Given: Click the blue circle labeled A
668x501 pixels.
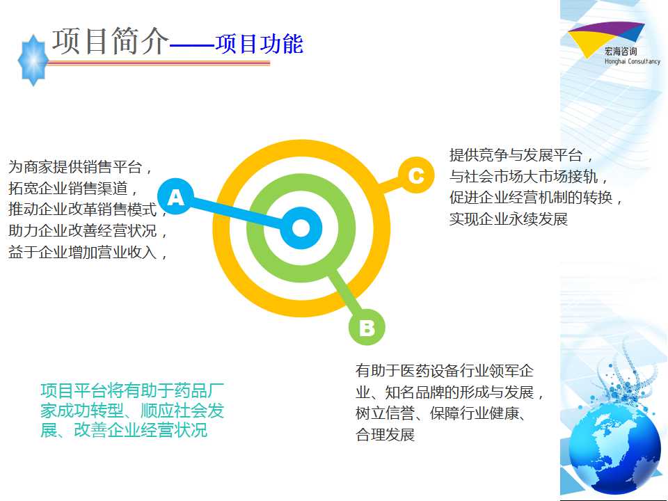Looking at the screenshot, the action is (x=175, y=196).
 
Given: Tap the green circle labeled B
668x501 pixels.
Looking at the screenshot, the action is (x=367, y=327).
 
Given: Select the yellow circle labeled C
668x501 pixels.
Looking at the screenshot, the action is (x=416, y=175).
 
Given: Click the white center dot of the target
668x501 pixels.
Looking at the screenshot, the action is (x=301, y=228).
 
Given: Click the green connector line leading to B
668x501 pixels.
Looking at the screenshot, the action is (x=344, y=293).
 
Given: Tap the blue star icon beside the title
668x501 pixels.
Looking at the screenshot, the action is (x=33, y=61).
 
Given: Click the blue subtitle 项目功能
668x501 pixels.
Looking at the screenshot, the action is (x=259, y=44).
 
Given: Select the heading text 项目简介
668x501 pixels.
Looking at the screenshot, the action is (x=111, y=41).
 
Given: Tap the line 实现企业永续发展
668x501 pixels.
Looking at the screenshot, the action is (x=509, y=219).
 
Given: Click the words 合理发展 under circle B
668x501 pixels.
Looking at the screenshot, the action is (x=385, y=434).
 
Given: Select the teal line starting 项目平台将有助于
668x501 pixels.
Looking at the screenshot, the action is (x=132, y=390).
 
